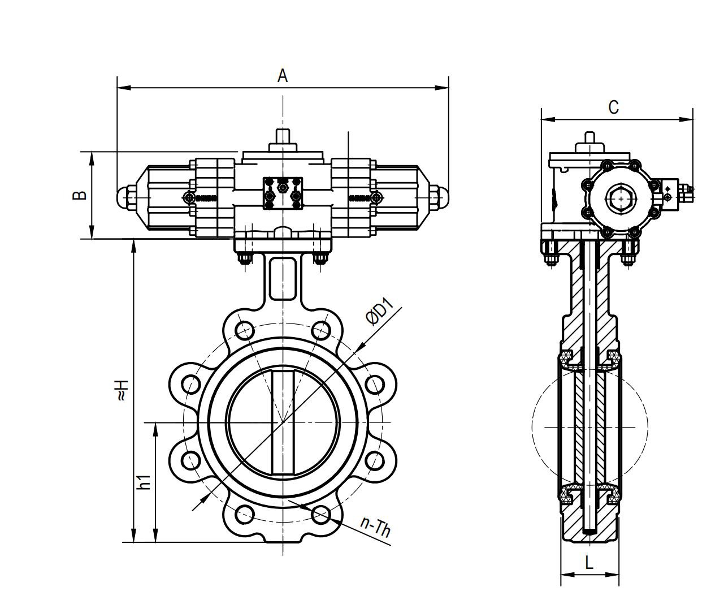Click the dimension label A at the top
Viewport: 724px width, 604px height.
coord(283,75)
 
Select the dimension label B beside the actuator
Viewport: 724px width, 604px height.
coord(80,195)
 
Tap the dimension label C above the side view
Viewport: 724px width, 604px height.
coord(613,107)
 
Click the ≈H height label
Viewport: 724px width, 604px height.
coord(122,390)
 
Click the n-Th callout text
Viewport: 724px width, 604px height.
coord(376,527)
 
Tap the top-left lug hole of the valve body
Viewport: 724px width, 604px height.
coord(244,330)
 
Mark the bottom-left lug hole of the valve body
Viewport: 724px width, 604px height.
coord(244,514)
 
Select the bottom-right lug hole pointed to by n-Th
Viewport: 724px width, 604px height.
coord(321,514)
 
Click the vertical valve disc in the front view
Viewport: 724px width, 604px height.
coord(283,422)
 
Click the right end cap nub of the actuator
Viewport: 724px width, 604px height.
coord(441,196)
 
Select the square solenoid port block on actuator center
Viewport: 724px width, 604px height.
coord(283,193)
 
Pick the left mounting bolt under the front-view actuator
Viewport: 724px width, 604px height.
coord(244,259)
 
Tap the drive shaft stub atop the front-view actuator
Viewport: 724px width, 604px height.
coord(283,137)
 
